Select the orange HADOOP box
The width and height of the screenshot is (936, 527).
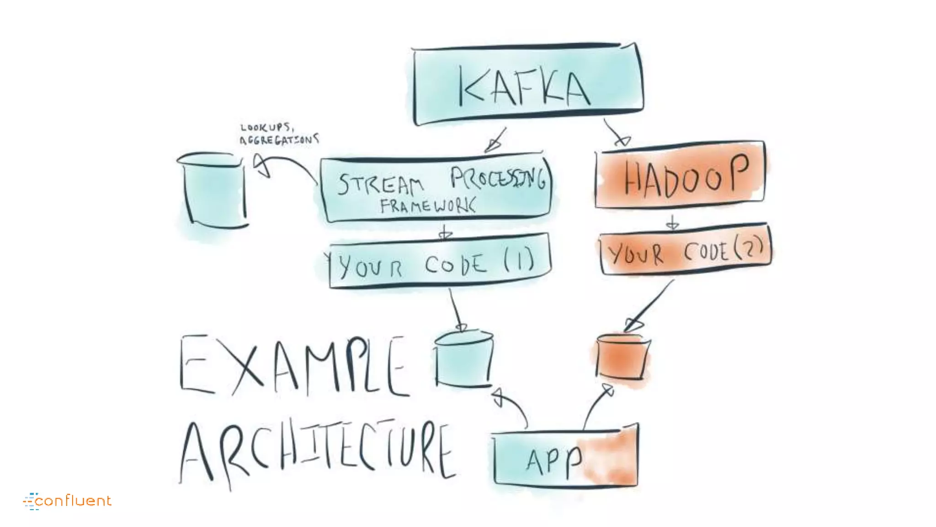pyautogui.click(x=680, y=175)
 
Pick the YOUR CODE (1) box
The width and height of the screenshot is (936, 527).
pyautogui.click(x=439, y=262)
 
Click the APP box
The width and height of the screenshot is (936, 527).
pyautogui.click(x=566, y=457)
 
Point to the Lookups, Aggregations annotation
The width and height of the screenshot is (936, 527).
pyautogui.click(x=279, y=134)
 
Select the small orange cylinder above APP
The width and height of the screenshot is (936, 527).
pyautogui.click(x=622, y=357)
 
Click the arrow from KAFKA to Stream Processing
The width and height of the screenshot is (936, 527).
pyautogui.click(x=496, y=140)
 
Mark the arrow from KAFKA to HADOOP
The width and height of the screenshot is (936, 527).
pyautogui.click(x=616, y=133)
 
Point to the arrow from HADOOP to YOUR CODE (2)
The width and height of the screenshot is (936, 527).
pyautogui.click(x=672, y=222)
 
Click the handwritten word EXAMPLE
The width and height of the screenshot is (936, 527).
pyautogui.click(x=292, y=366)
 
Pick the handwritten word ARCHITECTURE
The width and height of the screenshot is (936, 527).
pyautogui.click(x=318, y=451)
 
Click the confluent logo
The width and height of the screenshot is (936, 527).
pyautogui.click(x=68, y=500)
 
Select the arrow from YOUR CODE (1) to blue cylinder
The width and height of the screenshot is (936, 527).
pyautogui.click(x=456, y=309)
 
